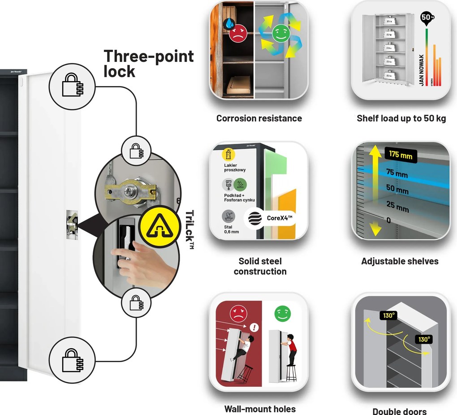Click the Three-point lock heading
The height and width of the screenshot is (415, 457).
(x=148, y=63)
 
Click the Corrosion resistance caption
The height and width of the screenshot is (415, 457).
(x=259, y=118)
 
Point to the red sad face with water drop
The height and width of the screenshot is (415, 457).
(x=238, y=33)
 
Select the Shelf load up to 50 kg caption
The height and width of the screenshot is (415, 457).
(x=401, y=118)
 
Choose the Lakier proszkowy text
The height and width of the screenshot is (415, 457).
(x=235, y=168)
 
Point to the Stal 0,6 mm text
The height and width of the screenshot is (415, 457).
(x=232, y=229)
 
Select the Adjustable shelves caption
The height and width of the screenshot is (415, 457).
(x=400, y=261)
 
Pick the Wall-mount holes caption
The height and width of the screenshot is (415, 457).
(x=260, y=409)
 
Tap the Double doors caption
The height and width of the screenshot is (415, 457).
(x=400, y=411)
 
